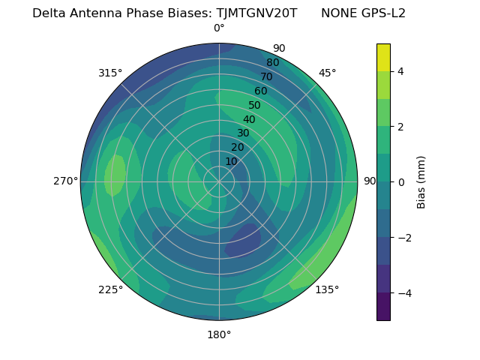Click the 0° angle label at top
point(219,28)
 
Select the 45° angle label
point(327,73)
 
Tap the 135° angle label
point(327,289)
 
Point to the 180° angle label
point(219,334)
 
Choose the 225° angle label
point(110,290)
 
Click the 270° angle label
point(65,181)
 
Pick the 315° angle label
point(110,73)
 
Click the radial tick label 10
point(231,161)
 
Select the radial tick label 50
point(255,105)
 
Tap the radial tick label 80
point(272,63)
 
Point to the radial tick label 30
point(243,133)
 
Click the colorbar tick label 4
point(400,71)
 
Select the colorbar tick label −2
point(403,238)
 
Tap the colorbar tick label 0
point(400,182)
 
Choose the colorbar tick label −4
point(403,293)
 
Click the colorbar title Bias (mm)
point(421,181)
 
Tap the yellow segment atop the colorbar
point(383,57)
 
